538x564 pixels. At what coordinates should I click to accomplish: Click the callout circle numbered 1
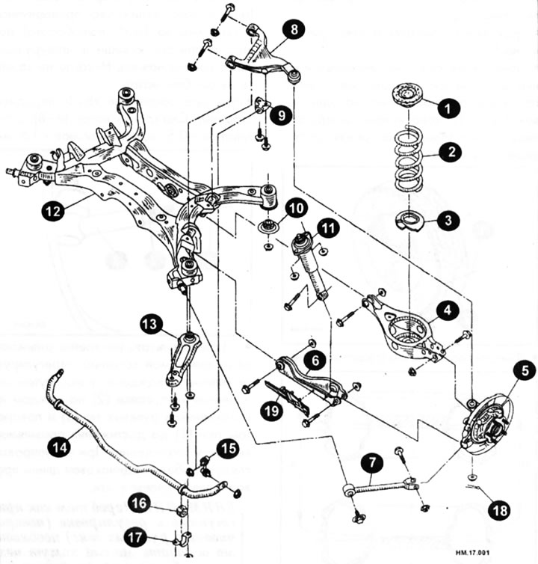tap(448, 109)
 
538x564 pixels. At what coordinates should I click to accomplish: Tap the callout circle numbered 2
tap(450, 153)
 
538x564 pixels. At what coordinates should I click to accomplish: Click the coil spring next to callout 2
tap(409, 159)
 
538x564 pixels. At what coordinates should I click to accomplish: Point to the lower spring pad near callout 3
tap(409, 221)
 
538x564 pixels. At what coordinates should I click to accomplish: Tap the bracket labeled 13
tap(182, 361)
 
